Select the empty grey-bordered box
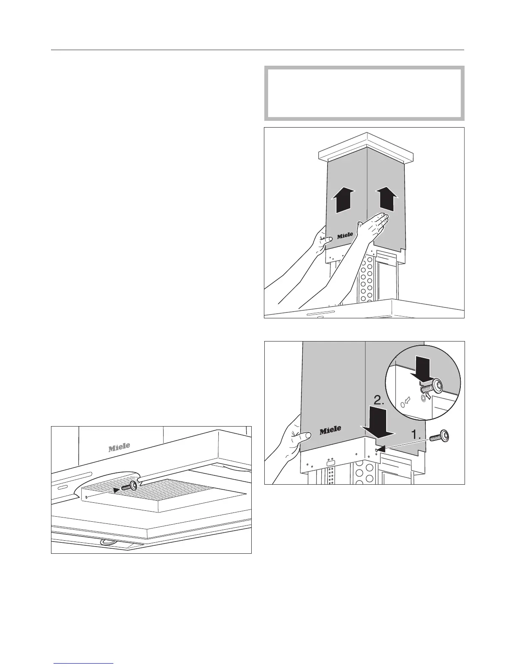click(364, 93)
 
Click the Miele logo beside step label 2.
click(330, 431)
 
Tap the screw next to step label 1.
click(440, 437)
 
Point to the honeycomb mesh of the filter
click(177, 491)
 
